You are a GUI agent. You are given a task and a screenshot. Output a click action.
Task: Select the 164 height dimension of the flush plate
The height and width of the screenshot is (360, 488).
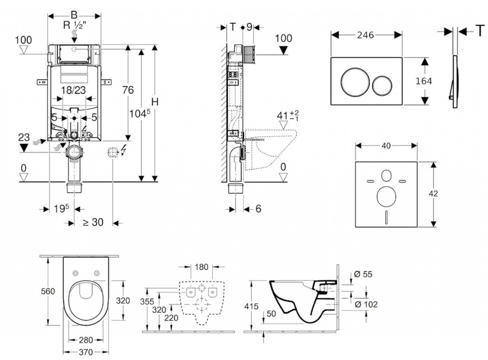point(423,81)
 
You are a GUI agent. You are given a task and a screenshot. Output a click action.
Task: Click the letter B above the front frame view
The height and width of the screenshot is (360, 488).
point(73,14)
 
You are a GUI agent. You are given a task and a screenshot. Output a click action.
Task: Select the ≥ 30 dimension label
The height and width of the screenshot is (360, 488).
point(93,222)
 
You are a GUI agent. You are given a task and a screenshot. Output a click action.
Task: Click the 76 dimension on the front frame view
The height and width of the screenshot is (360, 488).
point(127,90)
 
